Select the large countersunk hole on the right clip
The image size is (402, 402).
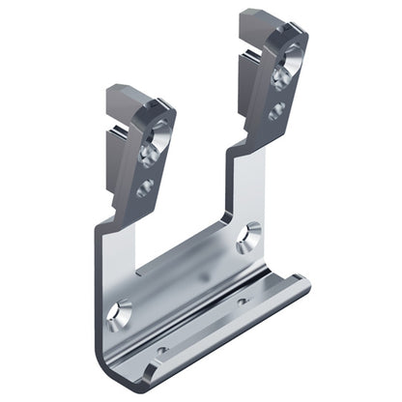[x=281, y=73]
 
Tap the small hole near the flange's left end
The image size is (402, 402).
[x=161, y=349]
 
